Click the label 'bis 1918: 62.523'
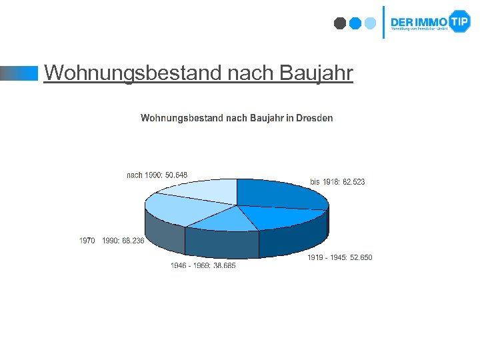click(x=337, y=181)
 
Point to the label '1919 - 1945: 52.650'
click(x=339, y=257)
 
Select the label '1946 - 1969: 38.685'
click(x=203, y=265)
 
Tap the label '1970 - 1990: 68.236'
click(x=111, y=241)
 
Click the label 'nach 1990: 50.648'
click(x=157, y=175)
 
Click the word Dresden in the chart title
click(x=314, y=118)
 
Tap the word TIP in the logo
click(x=460, y=21)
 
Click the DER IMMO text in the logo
click(x=419, y=21)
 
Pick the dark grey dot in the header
click(x=340, y=23)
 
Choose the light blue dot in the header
click(x=371, y=23)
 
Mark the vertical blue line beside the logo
click(x=383, y=22)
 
